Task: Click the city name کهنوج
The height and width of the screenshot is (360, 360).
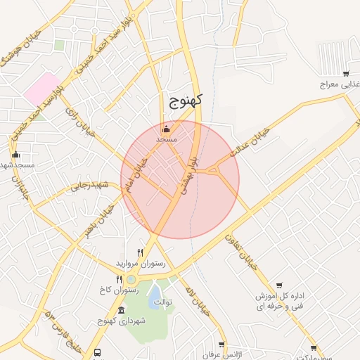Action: (186, 101)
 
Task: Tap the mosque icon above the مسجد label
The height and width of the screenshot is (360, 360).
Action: (166, 129)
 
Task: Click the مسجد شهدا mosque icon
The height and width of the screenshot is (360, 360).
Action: (16, 154)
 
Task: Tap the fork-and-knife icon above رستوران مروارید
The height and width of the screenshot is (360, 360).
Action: (141, 252)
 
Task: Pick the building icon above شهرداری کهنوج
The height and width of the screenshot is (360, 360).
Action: (122, 310)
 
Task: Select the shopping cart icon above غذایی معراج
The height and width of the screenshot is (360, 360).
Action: (346, 73)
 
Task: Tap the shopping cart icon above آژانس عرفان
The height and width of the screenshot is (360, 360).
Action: (221, 345)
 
